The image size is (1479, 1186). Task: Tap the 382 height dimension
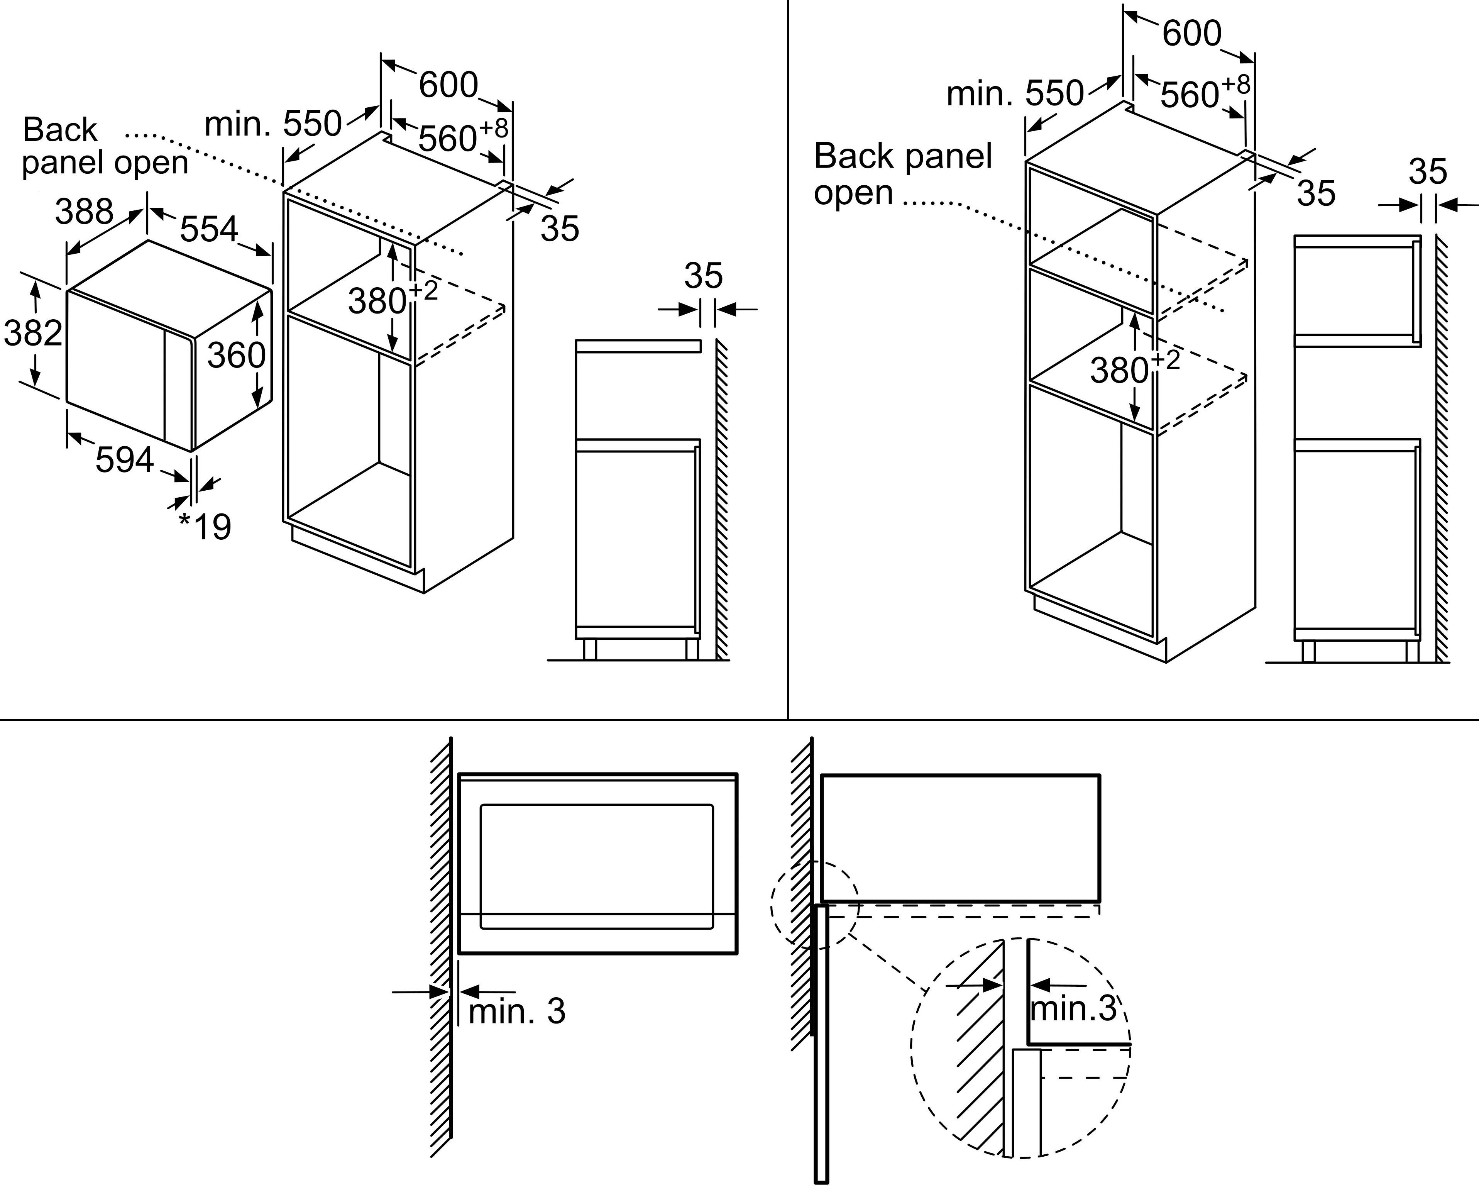point(32,334)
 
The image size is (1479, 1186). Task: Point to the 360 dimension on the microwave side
point(236,356)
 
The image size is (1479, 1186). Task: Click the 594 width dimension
point(124,460)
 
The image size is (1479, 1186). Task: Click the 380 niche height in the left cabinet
point(377,301)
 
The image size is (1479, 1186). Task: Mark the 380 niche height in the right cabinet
point(1120,371)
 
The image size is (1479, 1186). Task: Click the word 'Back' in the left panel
point(60,130)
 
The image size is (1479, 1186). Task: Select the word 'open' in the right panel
point(853,193)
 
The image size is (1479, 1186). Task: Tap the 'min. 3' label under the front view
point(516,1011)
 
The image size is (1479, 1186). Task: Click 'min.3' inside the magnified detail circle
point(1074,1008)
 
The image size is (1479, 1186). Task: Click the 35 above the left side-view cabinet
point(703,276)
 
